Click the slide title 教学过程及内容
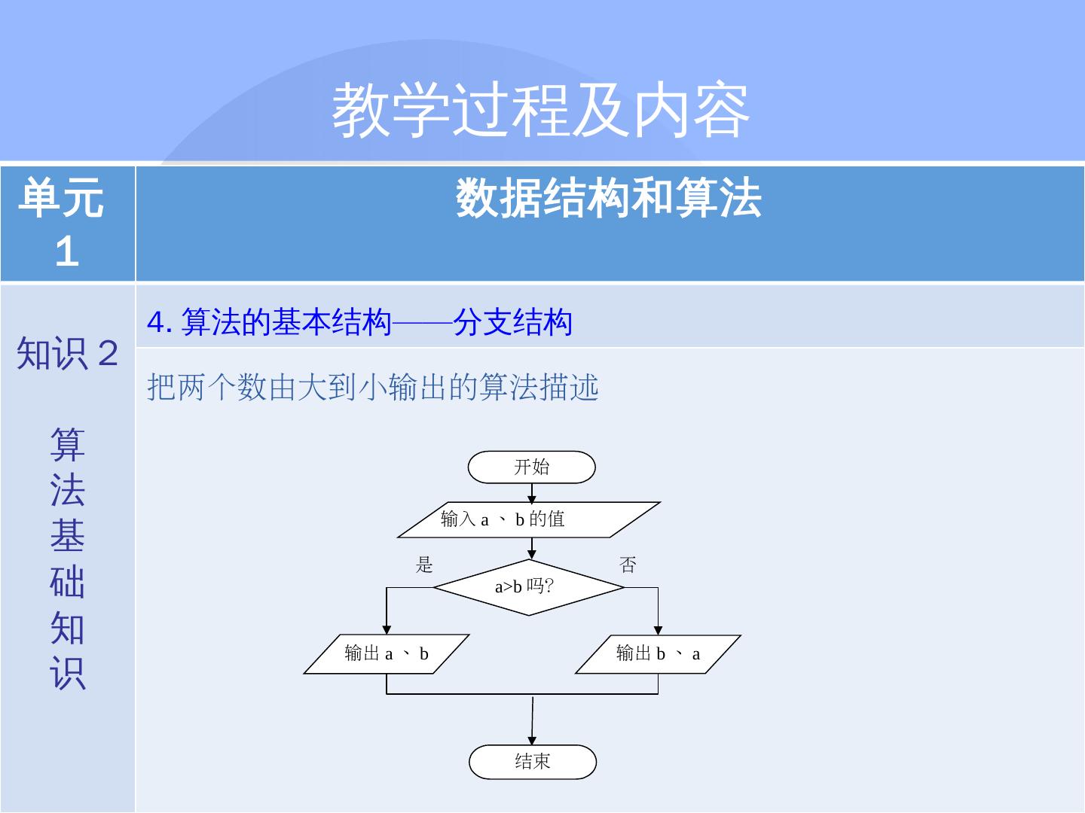541,111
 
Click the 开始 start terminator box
531,467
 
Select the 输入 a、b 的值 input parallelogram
529,519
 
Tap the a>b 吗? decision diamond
529,587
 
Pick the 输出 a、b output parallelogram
387,653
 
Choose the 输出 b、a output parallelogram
658,653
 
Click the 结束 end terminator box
532,762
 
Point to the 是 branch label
425,565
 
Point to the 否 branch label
628,565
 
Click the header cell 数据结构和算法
609,199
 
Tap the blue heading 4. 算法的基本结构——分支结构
359,323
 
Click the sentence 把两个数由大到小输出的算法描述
373,388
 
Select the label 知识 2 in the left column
68,353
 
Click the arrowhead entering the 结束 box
532,741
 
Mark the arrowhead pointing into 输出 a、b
387,630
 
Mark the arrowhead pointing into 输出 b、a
658,630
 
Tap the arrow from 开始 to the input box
532,493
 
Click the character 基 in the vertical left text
68,537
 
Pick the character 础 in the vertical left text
68,583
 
